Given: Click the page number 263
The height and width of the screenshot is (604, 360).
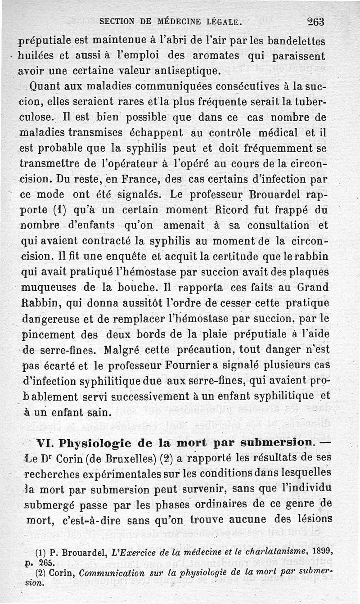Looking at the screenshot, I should [x=316, y=21].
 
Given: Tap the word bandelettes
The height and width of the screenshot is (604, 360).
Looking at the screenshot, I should [x=296, y=41].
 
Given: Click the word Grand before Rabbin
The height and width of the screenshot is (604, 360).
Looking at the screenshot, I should [x=312, y=287].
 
